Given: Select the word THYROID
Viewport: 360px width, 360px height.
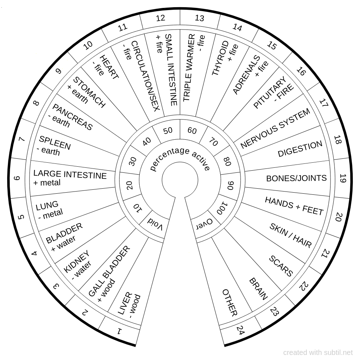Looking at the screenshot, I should [x=220, y=58].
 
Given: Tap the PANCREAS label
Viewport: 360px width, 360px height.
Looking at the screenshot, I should [x=72, y=117].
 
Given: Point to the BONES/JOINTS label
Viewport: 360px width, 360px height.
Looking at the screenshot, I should [x=296, y=178].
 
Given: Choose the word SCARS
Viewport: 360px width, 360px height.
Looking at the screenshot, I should [x=281, y=266].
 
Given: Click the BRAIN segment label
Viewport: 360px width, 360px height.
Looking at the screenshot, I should [x=258, y=289].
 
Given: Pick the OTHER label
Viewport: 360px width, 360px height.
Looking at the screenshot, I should [x=229, y=302].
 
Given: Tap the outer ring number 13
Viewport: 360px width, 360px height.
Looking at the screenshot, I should [x=199, y=18].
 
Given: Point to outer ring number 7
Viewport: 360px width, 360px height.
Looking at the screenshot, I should [x=22, y=139].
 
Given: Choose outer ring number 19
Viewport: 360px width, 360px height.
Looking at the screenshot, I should [x=342, y=178].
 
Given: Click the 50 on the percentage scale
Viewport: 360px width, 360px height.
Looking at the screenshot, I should [x=168, y=130].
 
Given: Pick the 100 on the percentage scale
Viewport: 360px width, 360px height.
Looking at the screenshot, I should [x=222, y=208].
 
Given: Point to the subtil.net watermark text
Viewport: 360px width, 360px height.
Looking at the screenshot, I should [x=318, y=352].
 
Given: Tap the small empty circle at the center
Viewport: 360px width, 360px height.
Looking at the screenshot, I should [x=180, y=179].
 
